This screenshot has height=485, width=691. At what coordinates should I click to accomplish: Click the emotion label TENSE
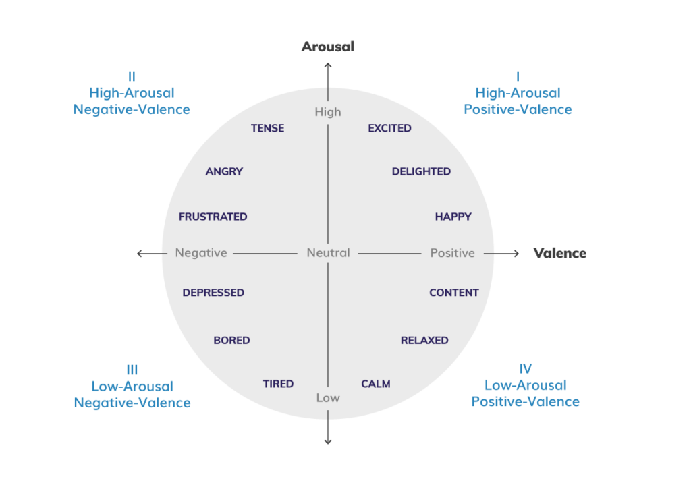[267, 128]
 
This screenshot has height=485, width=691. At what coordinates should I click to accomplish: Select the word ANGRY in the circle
[224, 171]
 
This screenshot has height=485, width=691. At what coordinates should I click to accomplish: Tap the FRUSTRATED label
[213, 217]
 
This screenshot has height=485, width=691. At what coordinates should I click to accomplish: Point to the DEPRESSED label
[213, 293]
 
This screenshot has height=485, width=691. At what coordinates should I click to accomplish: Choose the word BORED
[231, 340]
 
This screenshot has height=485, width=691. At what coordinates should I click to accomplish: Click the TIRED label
[278, 384]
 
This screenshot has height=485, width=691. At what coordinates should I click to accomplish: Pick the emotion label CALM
[376, 384]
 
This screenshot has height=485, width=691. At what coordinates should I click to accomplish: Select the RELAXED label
[424, 340]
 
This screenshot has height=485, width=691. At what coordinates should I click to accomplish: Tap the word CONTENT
[454, 293]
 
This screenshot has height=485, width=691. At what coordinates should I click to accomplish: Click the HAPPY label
[453, 217]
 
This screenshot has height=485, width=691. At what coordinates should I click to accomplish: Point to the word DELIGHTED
[421, 171]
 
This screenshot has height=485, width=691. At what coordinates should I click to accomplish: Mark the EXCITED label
[389, 128]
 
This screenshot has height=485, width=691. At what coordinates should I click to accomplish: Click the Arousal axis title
[328, 47]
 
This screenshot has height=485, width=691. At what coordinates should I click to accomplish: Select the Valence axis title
[560, 253]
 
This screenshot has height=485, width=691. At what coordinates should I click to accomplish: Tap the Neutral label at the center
[328, 253]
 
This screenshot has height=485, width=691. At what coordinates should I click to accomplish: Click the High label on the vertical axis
[328, 112]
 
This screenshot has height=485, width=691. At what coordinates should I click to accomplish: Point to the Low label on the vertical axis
[328, 398]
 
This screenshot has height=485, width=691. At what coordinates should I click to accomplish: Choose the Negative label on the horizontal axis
[201, 253]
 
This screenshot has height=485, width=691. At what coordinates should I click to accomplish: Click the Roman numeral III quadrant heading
[132, 369]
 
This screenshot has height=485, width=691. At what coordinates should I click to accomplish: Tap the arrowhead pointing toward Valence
[516, 253]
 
